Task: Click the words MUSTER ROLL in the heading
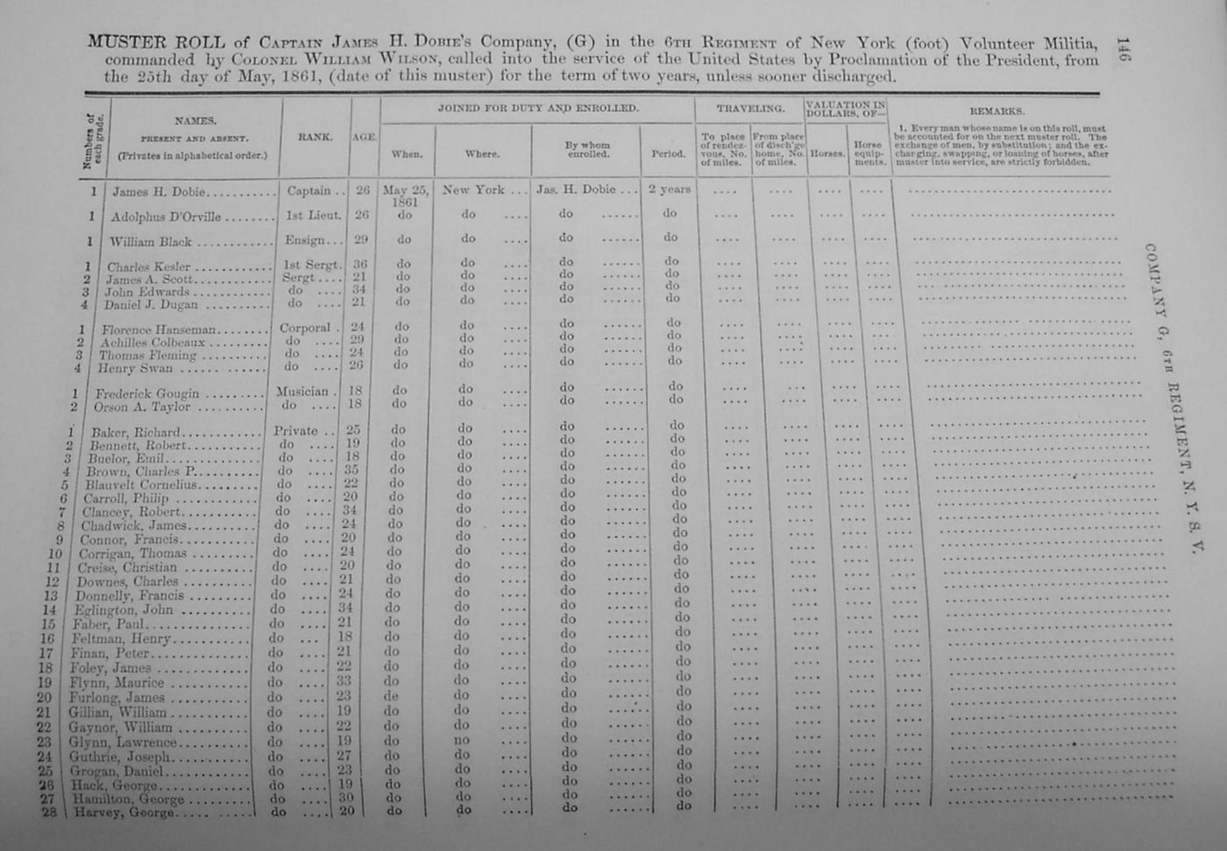(x=155, y=42)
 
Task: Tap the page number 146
(x=1123, y=50)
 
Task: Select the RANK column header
(x=315, y=137)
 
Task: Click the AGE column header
(x=364, y=138)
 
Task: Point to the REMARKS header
(x=996, y=111)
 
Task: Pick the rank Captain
(x=309, y=190)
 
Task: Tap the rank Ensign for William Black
(x=308, y=240)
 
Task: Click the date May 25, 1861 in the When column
(x=406, y=195)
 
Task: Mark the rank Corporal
(x=304, y=327)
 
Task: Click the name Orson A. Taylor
(x=142, y=407)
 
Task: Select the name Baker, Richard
(x=135, y=432)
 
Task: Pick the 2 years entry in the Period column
(x=669, y=188)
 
